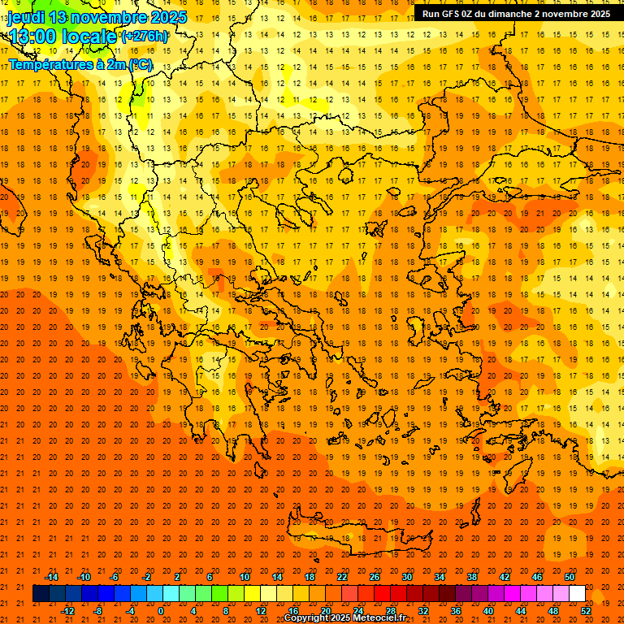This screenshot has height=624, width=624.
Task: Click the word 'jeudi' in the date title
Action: point(27,17)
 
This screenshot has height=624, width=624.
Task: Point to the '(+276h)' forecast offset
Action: point(145,37)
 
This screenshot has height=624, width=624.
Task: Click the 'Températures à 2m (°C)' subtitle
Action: point(80,63)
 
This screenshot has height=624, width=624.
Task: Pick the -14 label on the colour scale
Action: point(51,577)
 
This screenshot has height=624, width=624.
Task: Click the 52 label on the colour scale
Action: point(586,611)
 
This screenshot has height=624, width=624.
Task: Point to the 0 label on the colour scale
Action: point(161,611)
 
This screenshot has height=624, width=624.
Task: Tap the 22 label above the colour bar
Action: point(342,577)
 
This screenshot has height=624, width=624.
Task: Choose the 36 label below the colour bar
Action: point(456,611)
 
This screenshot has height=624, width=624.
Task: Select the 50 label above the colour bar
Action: point(570,577)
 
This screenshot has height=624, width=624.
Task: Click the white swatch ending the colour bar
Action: point(577,594)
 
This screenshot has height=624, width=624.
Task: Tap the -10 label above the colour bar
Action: point(84,577)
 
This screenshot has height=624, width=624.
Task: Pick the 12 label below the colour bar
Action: point(261,611)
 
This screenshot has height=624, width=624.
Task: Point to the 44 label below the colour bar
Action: point(521,611)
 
